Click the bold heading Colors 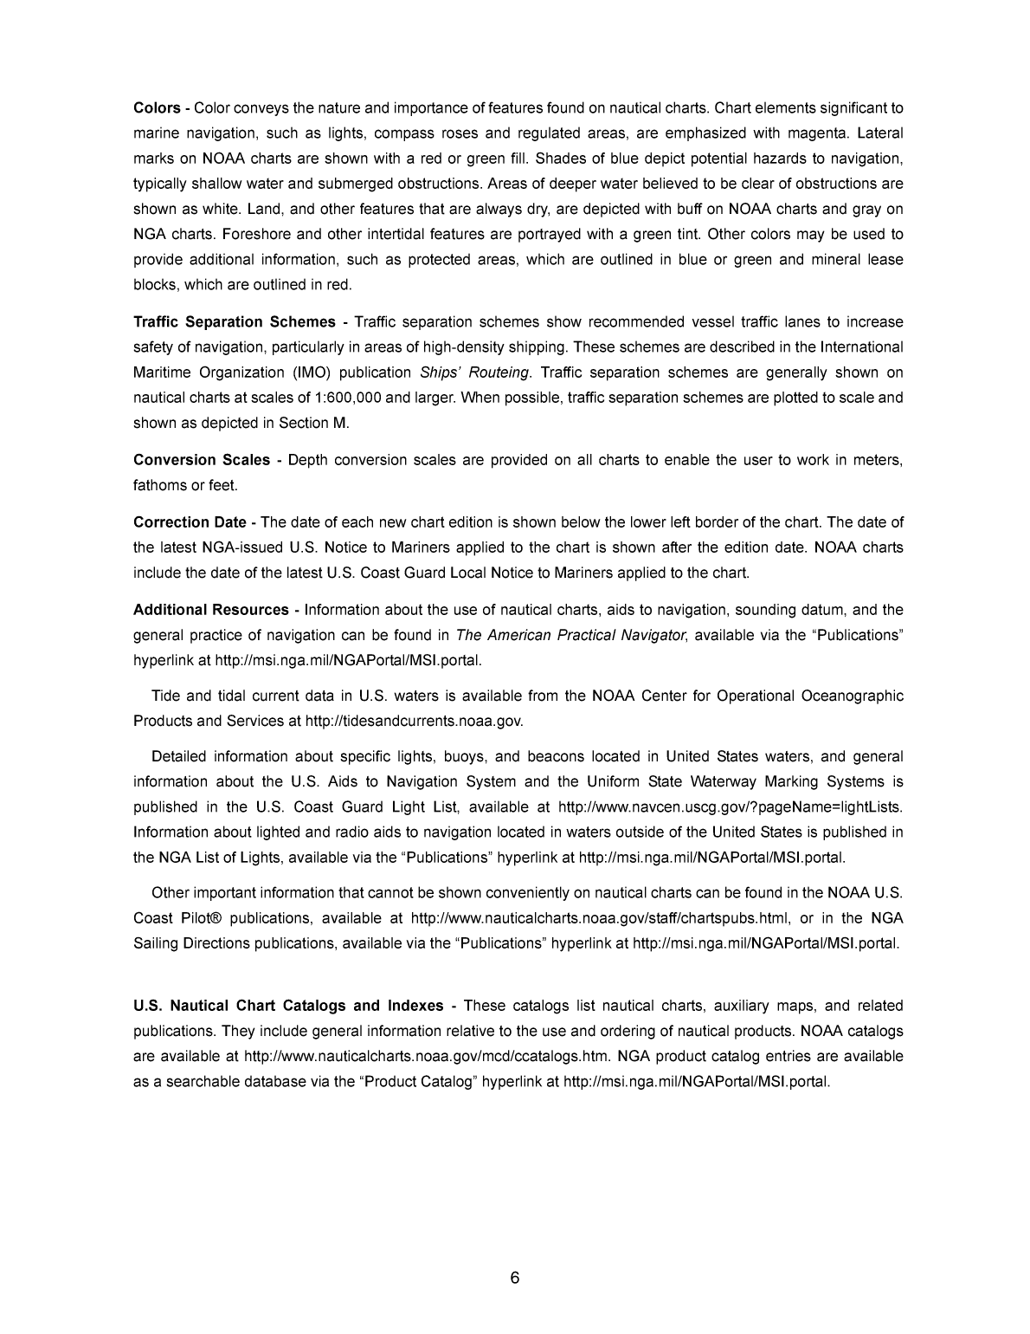pos(156,108)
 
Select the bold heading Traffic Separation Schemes pos(234,322)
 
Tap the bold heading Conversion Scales pos(201,460)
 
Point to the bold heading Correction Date pos(190,522)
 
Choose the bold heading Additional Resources pos(210,610)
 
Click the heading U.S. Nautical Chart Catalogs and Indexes pos(288,1006)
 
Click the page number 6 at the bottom pos(515,1279)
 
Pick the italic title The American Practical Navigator pos(571,635)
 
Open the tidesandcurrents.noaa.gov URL pos(415,721)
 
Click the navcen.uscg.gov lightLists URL pos(731,807)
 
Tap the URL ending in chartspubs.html pos(601,918)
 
